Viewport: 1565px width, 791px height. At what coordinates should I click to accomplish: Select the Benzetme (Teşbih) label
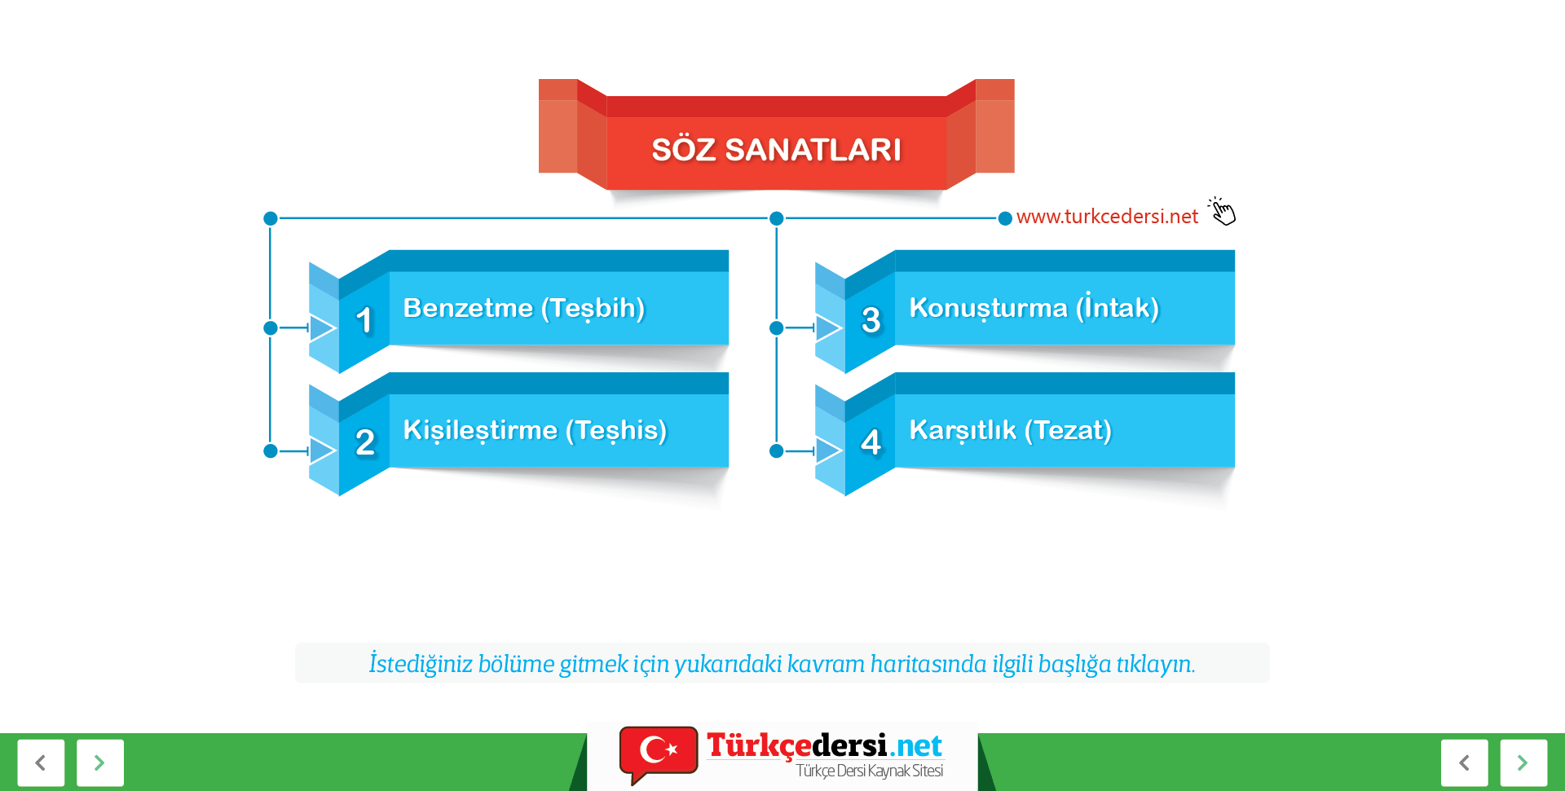tap(524, 308)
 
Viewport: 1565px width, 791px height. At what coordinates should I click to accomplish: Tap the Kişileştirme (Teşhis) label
tap(535, 430)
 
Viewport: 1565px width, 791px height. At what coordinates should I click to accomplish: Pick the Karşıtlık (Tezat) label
tap(1010, 430)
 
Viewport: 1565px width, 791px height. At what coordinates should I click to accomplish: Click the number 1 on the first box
tap(364, 320)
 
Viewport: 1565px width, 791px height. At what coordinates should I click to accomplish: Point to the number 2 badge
tap(365, 442)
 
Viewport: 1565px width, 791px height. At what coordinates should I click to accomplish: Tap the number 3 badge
tap(871, 320)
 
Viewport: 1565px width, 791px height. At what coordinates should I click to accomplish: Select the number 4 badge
tap(871, 442)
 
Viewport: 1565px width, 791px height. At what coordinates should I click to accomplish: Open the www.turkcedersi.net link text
tap(1107, 217)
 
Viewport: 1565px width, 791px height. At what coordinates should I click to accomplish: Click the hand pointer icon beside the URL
tap(1222, 211)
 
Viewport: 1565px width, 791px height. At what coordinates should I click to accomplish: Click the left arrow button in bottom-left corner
tap(41, 762)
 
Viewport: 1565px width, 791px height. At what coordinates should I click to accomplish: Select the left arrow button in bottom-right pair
tap(1464, 762)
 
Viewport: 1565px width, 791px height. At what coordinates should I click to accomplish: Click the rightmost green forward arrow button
tap(1523, 762)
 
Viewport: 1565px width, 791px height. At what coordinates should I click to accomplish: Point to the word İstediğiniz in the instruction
tap(420, 664)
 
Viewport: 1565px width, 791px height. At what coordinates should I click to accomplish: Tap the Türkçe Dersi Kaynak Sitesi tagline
tap(870, 771)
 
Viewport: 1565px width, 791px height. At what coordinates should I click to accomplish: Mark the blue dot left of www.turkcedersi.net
tap(1005, 218)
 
